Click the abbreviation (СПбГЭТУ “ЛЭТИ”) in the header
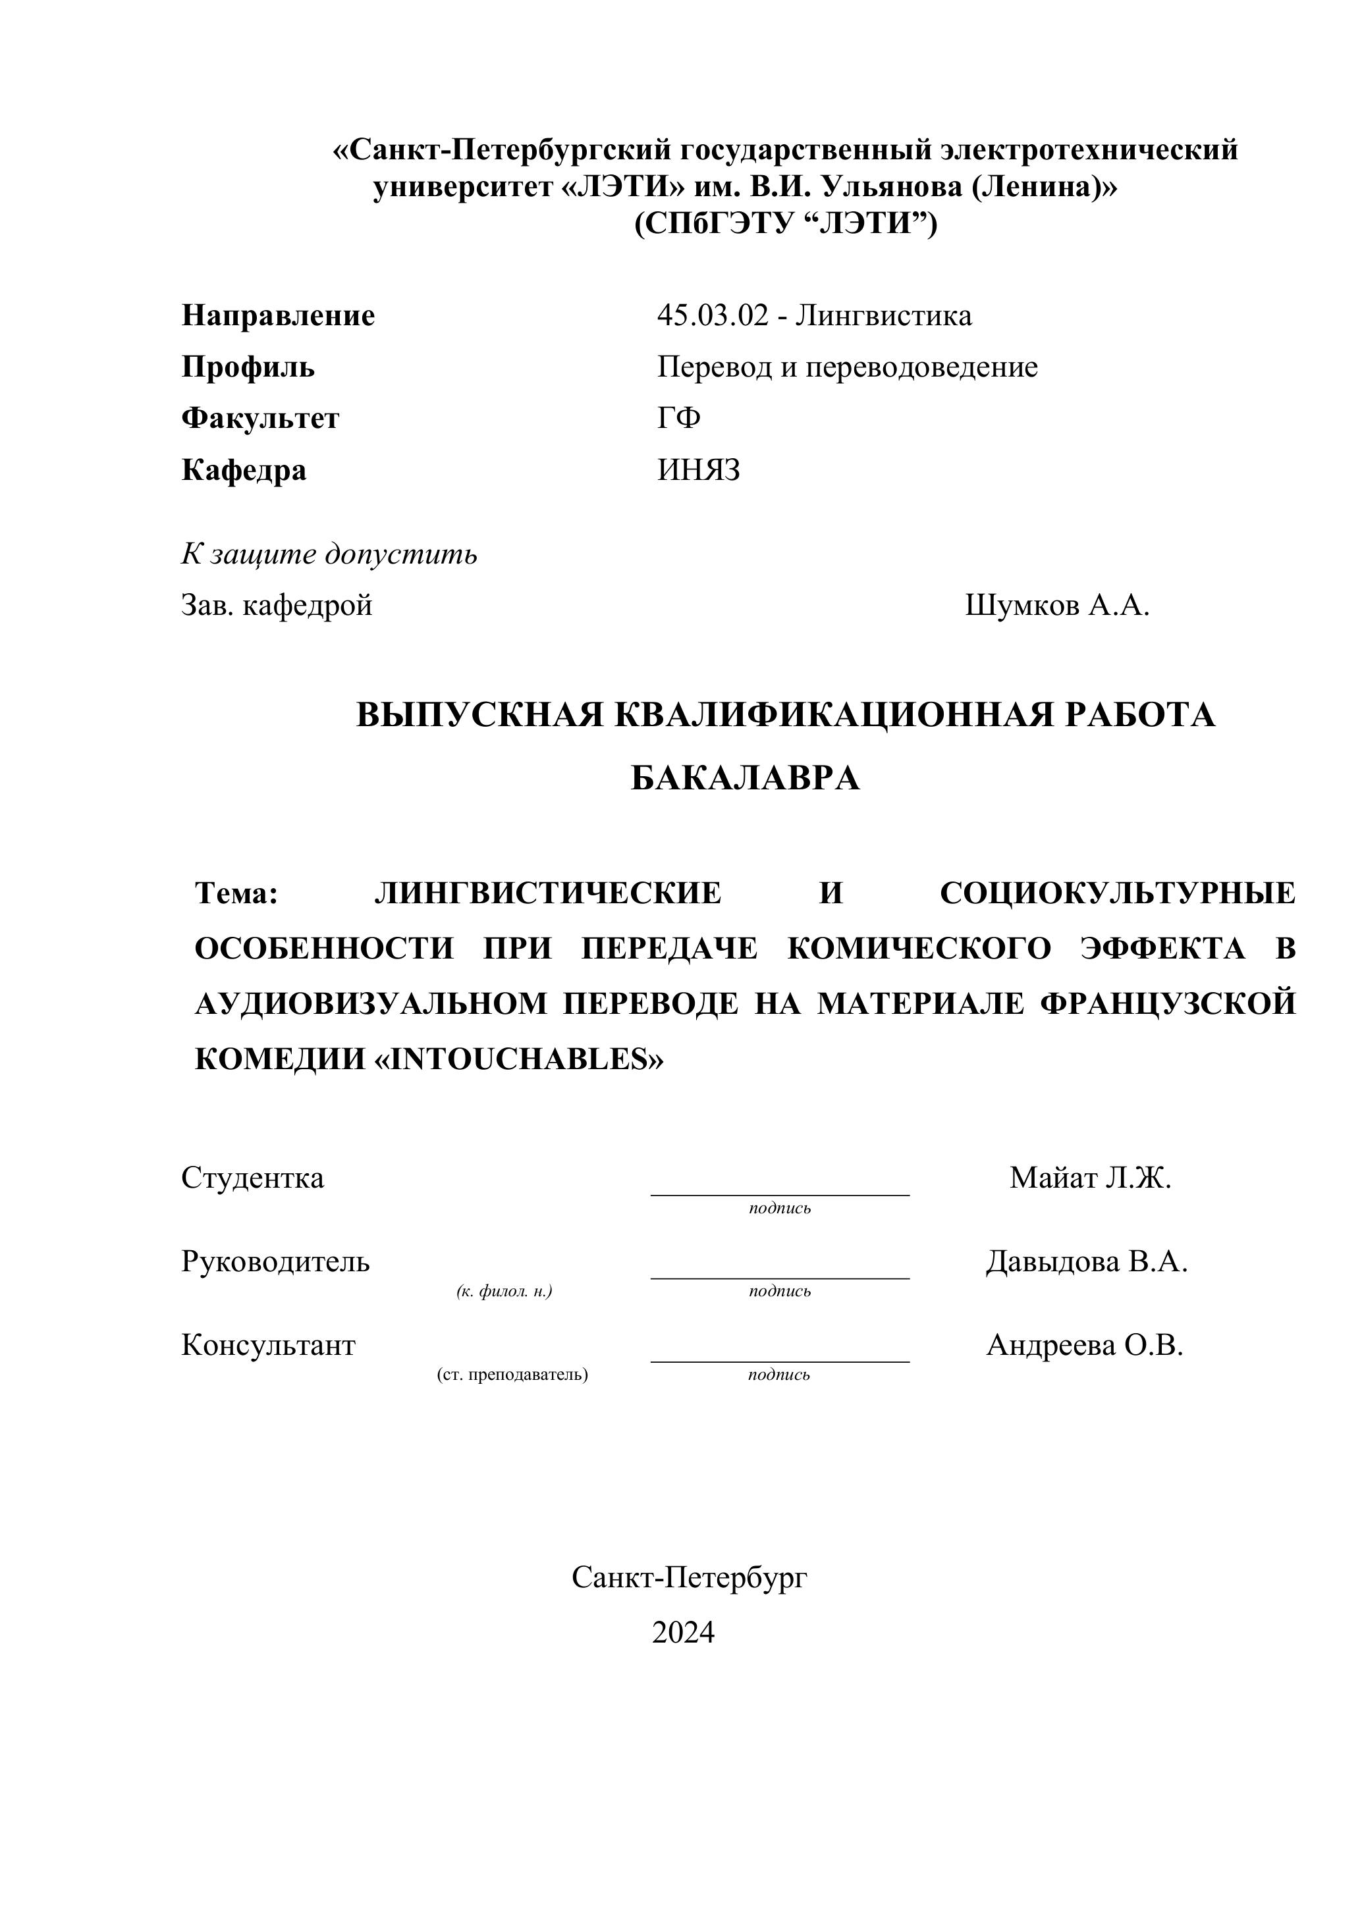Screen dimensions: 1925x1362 [786, 224]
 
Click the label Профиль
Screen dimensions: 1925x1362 [248, 367]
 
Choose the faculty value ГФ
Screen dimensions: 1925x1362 [678, 417]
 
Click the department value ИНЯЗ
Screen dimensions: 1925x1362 [699, 469]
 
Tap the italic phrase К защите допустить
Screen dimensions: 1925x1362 [329, 554]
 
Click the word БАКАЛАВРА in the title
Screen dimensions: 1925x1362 [746, 778]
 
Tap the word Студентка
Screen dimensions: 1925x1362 [252, 1177]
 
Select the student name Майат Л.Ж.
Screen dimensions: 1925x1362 [1089, 1177]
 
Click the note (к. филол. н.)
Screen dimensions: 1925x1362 [504, 1291]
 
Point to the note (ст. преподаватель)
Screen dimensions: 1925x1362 [512, 1374]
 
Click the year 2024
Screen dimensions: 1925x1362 [683, 1631]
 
